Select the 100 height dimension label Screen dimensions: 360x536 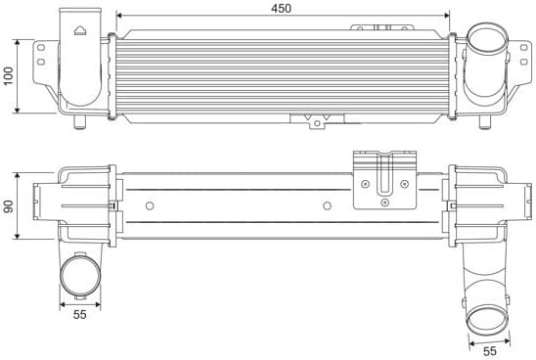point(9,76)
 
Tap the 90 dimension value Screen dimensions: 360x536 point(9,207)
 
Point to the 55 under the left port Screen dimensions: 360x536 point(79,315)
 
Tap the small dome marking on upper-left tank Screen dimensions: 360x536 point(77,30)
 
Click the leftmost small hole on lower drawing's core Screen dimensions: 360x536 point(149,205)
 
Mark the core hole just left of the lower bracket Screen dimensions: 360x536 point(327,205)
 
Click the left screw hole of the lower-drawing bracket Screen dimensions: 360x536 point(366,183)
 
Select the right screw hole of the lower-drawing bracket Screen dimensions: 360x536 point(404,183)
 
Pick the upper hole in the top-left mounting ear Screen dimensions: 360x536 point(44,55)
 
